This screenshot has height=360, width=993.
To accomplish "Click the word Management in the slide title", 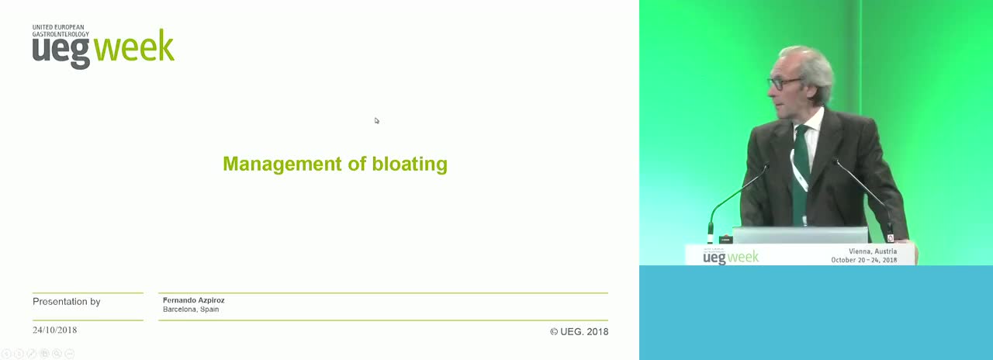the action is [282, 164].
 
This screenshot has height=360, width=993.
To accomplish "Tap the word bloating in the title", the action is [410, 164].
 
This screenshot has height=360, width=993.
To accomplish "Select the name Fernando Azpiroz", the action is [194, 300].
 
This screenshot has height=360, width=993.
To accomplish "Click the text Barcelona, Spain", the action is [191, 310].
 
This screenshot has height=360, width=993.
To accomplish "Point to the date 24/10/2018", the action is [54, 331].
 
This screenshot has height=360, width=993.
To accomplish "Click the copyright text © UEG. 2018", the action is [579, 331].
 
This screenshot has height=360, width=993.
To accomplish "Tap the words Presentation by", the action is [67, 302].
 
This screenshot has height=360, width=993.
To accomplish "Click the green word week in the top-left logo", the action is [134, 47].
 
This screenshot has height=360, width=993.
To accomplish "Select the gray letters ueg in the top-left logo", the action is [61, 53].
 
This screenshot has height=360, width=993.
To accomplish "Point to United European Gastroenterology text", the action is [61, 30].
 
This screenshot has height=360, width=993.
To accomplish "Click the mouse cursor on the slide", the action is [377, 120].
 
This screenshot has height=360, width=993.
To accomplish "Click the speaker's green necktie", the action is [801, 173].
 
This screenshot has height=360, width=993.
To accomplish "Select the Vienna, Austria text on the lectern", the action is [873, 251].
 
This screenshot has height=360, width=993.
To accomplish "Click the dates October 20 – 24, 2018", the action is [864, 260].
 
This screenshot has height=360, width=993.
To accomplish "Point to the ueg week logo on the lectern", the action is [731, 257].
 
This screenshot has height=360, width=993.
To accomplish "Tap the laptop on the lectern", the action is [800, 235].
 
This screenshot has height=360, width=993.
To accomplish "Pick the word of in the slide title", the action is [357, 164].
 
